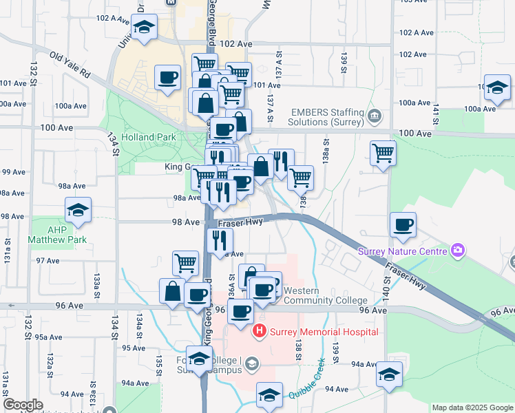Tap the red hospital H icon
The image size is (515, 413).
(260, 332)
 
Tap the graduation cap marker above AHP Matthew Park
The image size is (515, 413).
(78, 211)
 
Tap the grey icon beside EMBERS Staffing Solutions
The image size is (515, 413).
(375, 114)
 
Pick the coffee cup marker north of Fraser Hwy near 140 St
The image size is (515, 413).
(403, 224)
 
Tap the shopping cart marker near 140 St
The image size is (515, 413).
(383, 153)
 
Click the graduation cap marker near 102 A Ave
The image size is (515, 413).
(145, 28)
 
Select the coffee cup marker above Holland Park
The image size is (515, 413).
(167, 77)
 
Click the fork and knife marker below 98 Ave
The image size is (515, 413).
(220, 240)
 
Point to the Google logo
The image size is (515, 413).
(23, 405)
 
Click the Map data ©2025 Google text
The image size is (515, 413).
(472, 407)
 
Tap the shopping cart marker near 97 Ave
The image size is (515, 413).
(185, 262)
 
